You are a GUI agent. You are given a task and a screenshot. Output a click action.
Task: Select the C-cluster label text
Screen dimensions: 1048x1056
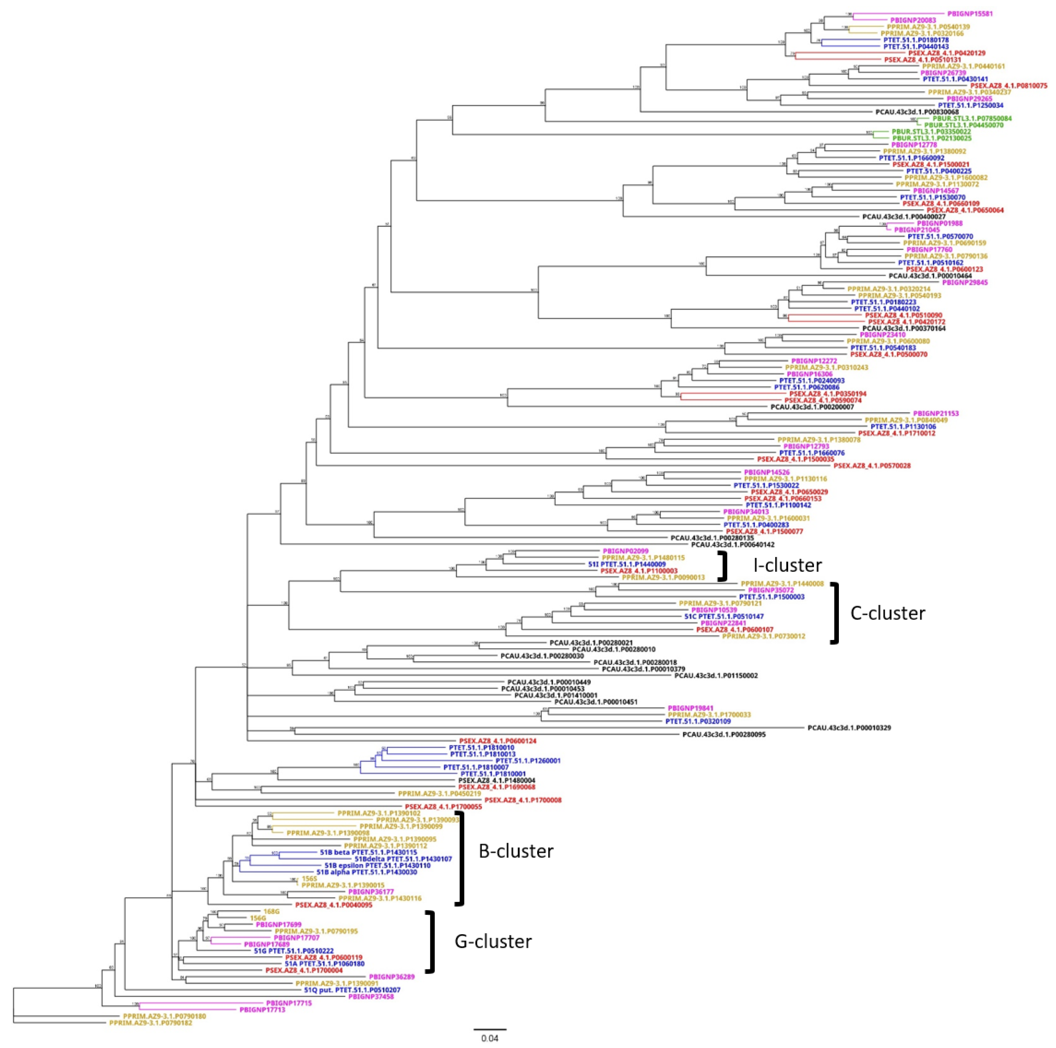[887, 613]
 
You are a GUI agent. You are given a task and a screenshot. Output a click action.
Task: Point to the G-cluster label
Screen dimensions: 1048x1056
[493, 941]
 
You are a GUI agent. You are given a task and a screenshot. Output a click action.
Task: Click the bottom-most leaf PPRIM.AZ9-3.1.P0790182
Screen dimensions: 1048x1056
[150, 1022]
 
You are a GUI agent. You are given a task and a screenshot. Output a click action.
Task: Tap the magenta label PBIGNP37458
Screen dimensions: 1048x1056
[371, 997]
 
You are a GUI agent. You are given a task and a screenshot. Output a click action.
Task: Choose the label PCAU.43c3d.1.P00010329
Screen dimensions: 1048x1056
[849, 728]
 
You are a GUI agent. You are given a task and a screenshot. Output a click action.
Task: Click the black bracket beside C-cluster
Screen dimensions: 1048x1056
[834, 613]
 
